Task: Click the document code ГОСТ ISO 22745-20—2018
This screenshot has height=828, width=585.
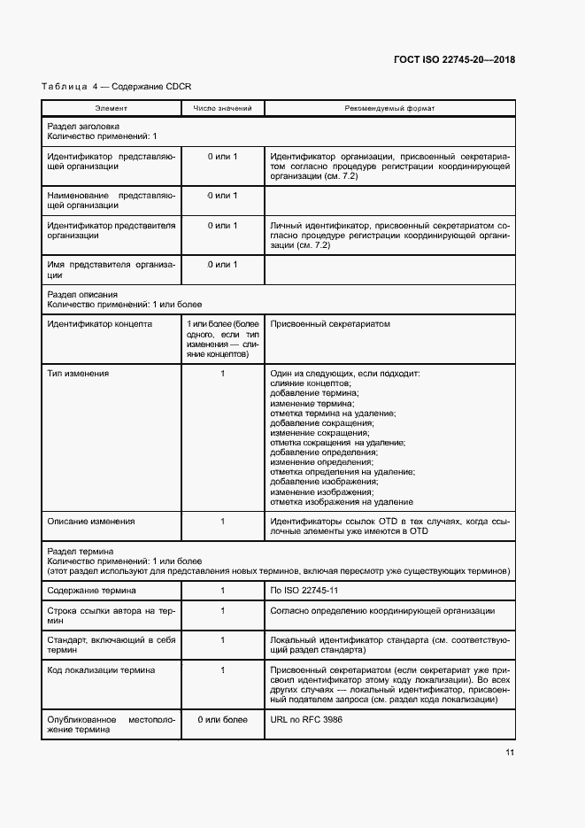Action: [x=454, y=60]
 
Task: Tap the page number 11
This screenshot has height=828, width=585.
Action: [x=510, y=753]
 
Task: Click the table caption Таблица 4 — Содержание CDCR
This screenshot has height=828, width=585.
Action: [x=117, y=86]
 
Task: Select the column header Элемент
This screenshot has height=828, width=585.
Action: [x=111, y=108]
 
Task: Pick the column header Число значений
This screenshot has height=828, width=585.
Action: [x=222, y=108]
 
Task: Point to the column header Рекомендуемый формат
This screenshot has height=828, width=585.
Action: [x=389, y=108]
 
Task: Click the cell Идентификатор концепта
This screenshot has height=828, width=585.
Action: [x=99, y=324]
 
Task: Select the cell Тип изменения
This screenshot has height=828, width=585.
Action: [x=78, y=374]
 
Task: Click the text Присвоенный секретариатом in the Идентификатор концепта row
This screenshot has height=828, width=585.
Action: [x=329, y=324]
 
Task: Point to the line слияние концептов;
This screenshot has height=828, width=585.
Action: [x=311, y=383]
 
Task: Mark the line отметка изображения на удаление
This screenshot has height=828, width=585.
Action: [x=341, y=501]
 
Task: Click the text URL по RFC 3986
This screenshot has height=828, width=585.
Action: [x=306, y=720]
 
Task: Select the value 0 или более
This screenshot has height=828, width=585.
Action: [x=222, y=720]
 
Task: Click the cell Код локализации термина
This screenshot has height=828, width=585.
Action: [x=101, y=670]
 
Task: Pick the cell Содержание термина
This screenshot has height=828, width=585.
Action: [x=92, y=590]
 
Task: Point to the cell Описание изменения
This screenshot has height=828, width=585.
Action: [x=91, y=522]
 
